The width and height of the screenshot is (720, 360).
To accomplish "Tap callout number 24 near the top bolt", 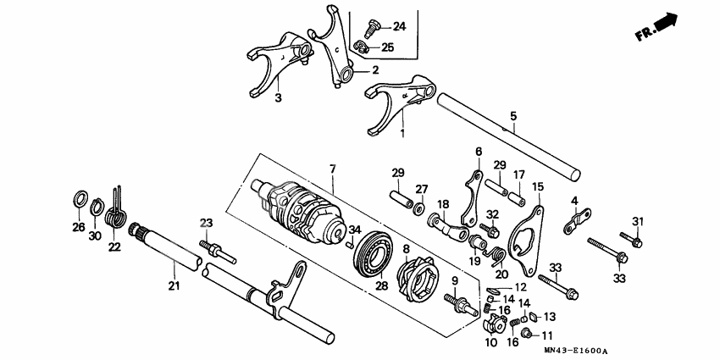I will pos(399,26).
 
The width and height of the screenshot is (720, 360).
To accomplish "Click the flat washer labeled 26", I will pos(79,199).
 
